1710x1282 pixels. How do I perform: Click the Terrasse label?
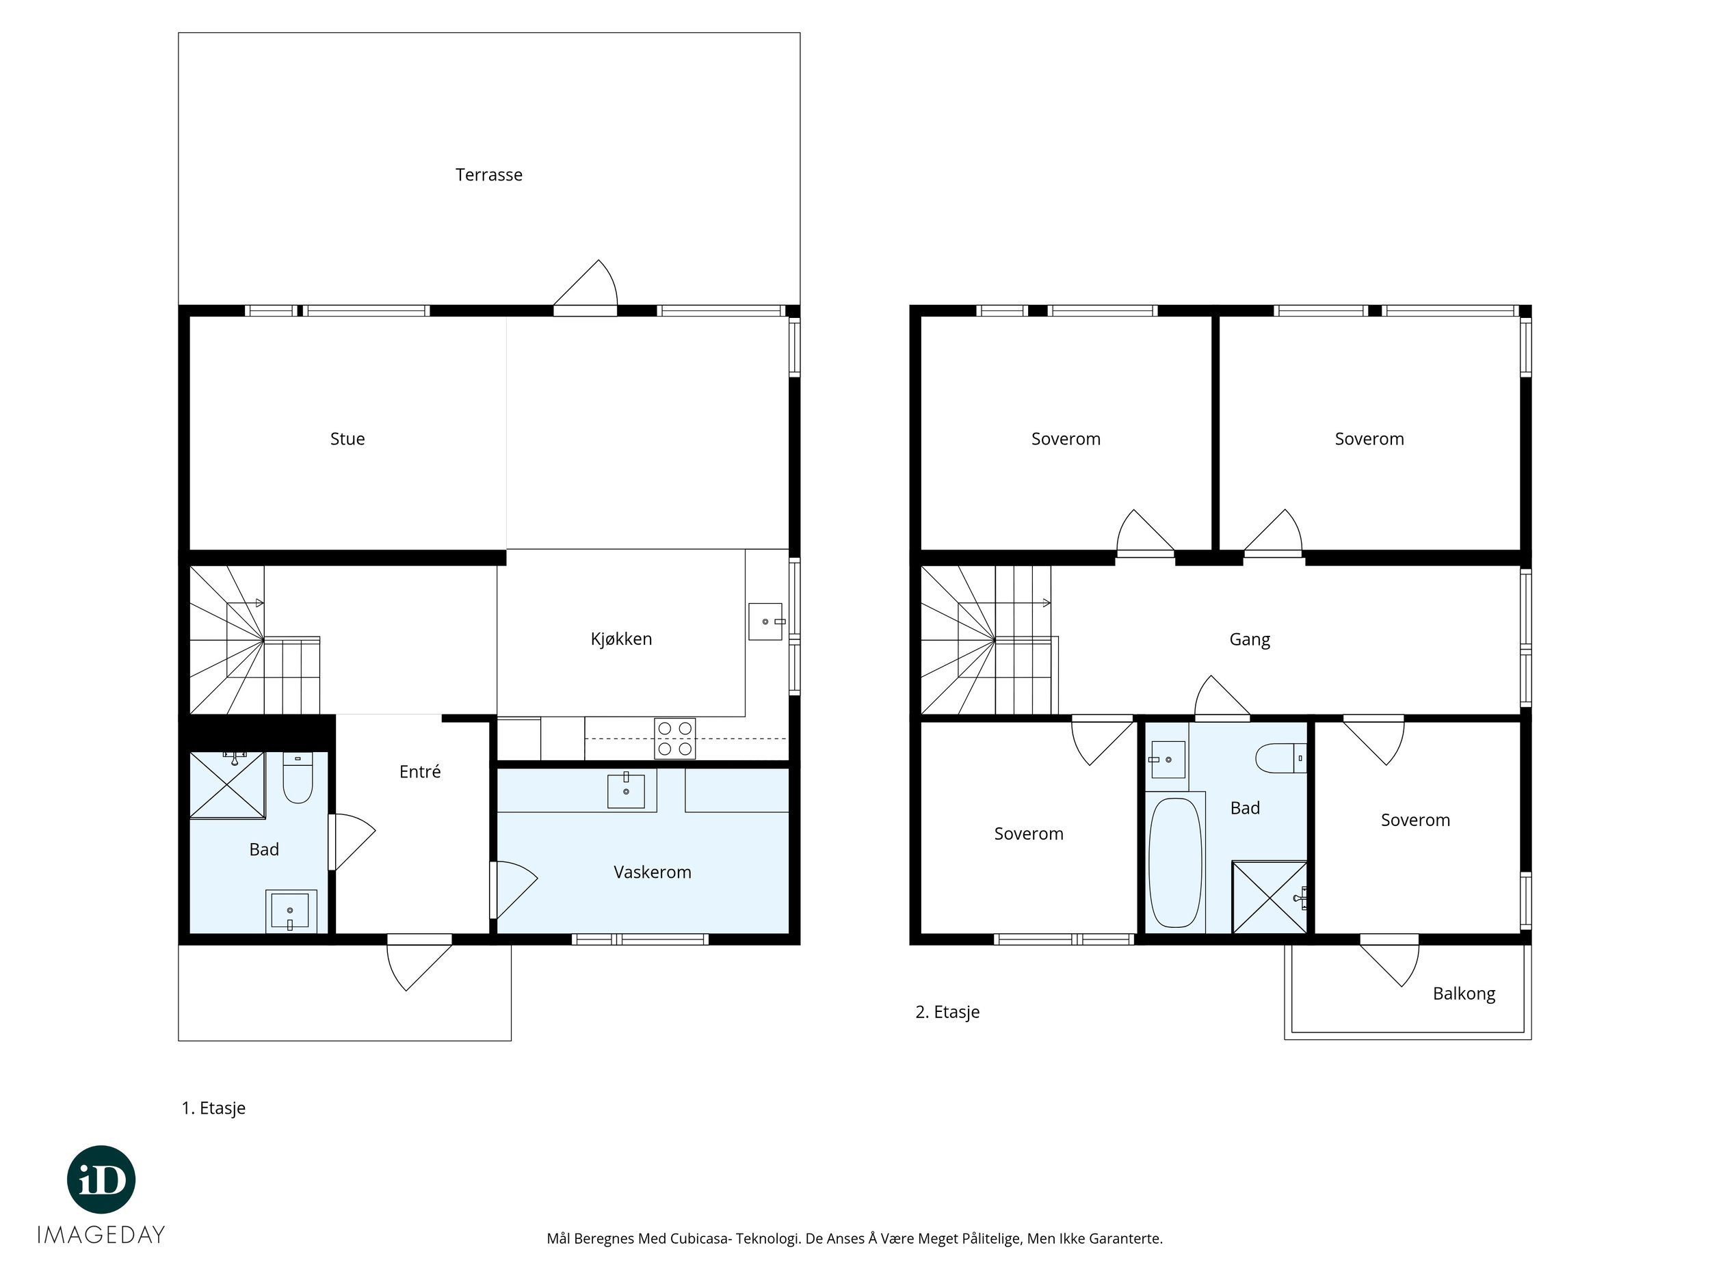[488, 174]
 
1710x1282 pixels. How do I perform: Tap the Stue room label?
[347, 439]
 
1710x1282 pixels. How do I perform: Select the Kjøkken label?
[621, 639]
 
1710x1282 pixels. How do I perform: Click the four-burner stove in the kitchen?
[674, 738]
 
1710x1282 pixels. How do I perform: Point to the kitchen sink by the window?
[765, 622]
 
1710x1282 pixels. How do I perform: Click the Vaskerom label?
[653, 872]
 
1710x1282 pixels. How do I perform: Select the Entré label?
[420, 771]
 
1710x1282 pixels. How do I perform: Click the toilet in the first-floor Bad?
[298, 777]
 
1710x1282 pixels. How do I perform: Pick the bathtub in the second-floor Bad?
[1175, 862]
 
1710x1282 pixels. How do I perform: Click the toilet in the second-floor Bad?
[1280, 758]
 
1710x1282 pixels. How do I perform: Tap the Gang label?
[1249, 640]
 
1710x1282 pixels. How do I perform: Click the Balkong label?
[1463, 993]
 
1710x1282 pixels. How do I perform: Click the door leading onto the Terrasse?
[586, 289]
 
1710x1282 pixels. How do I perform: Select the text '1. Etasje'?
[213, 1108]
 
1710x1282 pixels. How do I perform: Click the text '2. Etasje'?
[947, 1013]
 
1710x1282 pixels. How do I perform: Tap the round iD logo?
[101, 1179]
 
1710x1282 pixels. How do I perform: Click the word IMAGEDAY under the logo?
[101, 1235]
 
